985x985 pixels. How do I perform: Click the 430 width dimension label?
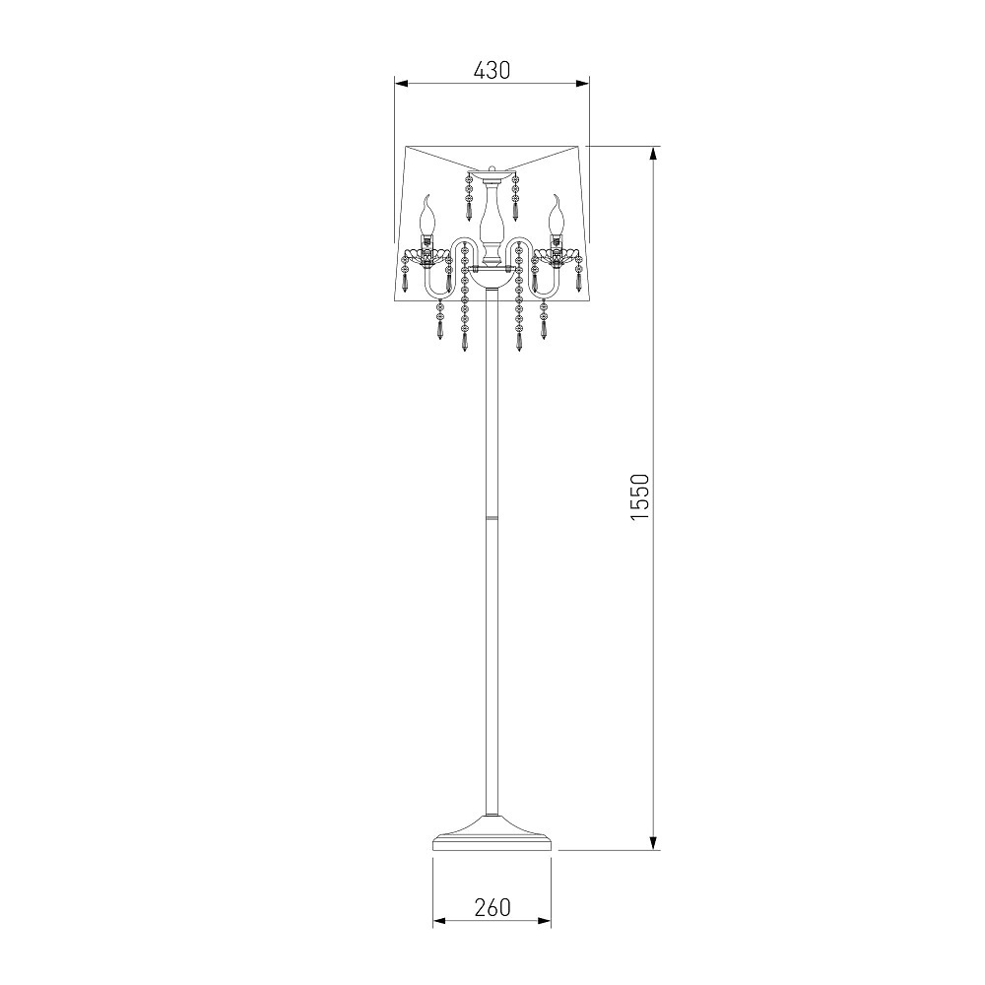click(492, 70)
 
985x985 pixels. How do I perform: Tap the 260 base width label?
click(492, 908)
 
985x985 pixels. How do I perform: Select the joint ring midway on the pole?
click(492, 517)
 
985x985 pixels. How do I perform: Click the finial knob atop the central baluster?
click(492, 169)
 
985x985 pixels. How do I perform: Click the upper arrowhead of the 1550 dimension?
click(654, 154)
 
